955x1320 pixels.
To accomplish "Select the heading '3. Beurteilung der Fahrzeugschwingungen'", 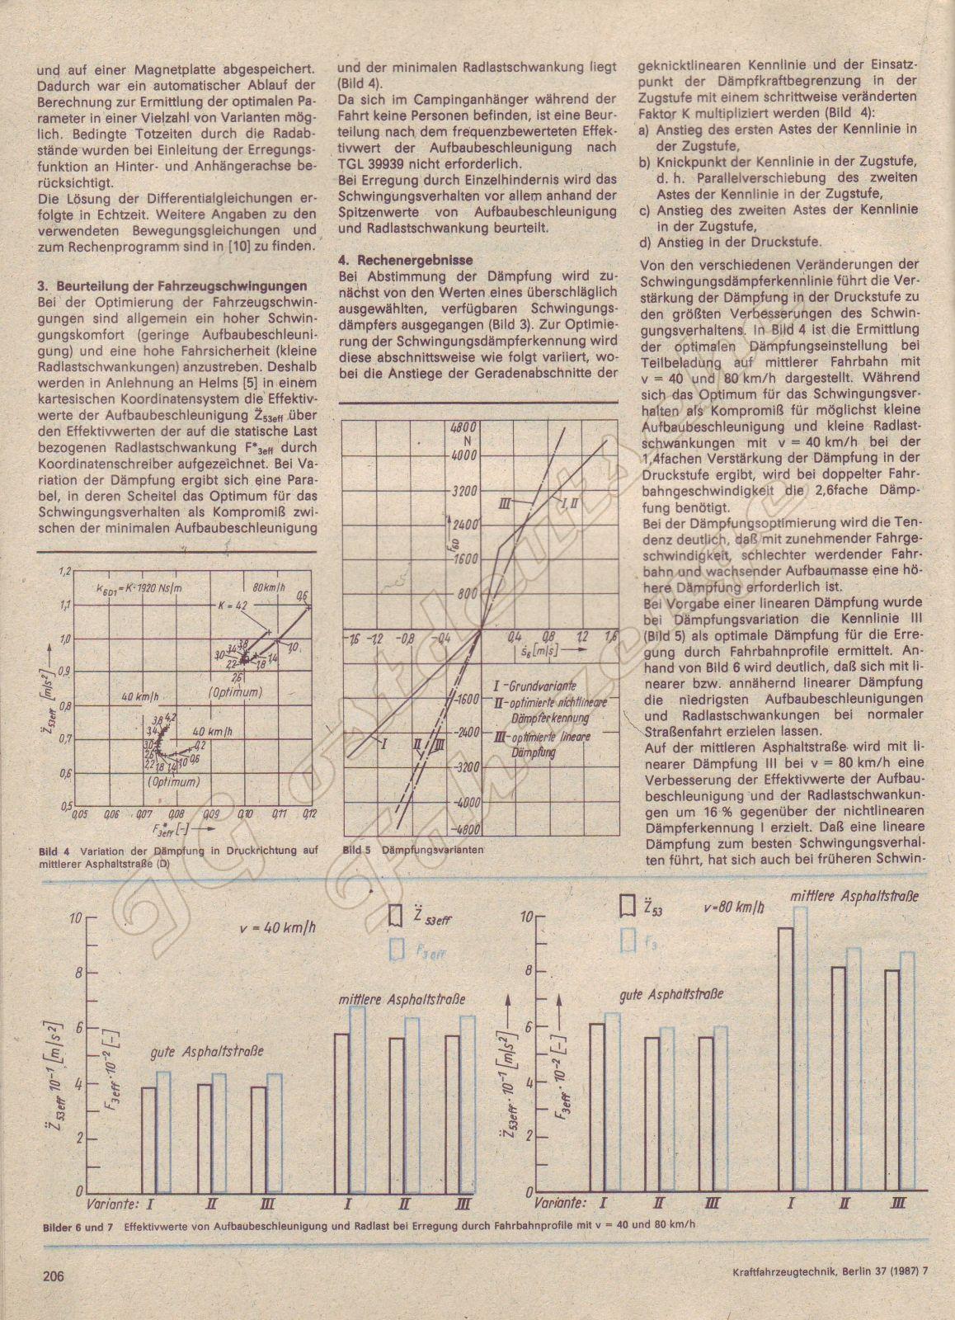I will [172, 286].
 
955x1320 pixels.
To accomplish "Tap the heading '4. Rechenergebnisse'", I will [406, 260].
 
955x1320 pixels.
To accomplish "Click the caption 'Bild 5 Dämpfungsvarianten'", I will [412, 850].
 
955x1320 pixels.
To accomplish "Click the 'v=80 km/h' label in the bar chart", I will [734, 906].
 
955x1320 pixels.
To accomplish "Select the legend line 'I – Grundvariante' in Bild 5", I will [534, 686].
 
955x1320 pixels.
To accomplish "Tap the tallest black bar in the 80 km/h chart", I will [785, 1060].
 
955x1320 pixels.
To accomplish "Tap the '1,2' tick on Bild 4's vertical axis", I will [65, 572].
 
